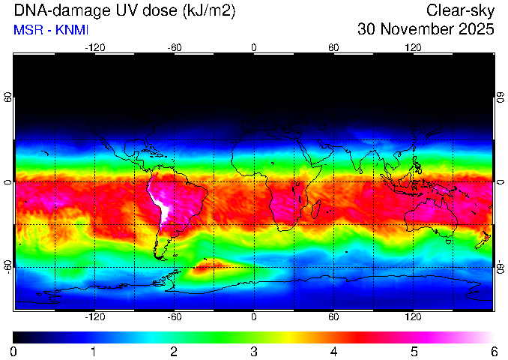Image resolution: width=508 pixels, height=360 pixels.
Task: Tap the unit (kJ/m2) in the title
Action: tap(209, 11)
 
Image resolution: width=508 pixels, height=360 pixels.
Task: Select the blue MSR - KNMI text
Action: tap(51, 30)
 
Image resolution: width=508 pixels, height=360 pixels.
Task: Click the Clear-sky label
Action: tap(460, 10)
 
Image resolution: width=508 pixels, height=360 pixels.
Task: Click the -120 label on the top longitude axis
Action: tap(95, 48)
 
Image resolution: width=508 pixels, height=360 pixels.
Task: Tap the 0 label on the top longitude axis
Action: tap(254, 48)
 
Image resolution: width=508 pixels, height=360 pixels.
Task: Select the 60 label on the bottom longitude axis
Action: tap(333, 316)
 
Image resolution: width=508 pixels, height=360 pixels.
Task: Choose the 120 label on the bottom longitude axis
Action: tap(413, 316)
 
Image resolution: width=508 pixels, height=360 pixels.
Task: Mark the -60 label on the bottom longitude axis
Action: tap(175, 316)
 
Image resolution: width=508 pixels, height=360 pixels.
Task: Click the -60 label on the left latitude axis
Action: tap(9, 267)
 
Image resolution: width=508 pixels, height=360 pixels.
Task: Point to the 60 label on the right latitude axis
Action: tap(501, 97)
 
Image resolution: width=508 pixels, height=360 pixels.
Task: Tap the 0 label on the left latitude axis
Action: tap(9, 182)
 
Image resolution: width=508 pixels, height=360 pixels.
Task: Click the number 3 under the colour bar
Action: tap(254, 352)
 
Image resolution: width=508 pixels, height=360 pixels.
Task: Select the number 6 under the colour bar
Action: tap(494, 352)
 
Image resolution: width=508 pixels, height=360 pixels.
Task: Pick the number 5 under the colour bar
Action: tap(414, 352)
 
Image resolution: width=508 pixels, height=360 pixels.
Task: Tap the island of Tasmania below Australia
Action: tap(448, 241)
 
